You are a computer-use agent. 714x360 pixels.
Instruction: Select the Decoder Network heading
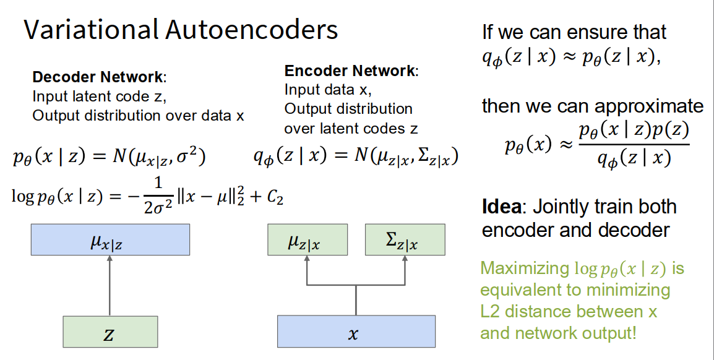(x=99, y=78)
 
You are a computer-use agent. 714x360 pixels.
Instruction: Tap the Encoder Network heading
(x=351, y=71)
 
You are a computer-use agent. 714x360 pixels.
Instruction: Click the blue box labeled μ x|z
(x=110, y=240)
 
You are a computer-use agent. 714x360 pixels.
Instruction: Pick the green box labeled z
(x=110, y=332)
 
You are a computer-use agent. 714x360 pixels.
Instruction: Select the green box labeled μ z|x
(x=307, y=240)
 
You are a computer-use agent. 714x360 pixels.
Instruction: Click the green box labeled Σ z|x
(x=405, y=240)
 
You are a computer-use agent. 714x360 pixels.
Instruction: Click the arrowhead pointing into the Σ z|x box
(x=405, y=259)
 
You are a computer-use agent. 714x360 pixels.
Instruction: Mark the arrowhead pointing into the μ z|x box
(x=307, y=259)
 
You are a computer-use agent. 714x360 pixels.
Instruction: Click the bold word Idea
(x=501, y=207)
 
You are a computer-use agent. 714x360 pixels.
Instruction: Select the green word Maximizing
(x=524, y=269)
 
